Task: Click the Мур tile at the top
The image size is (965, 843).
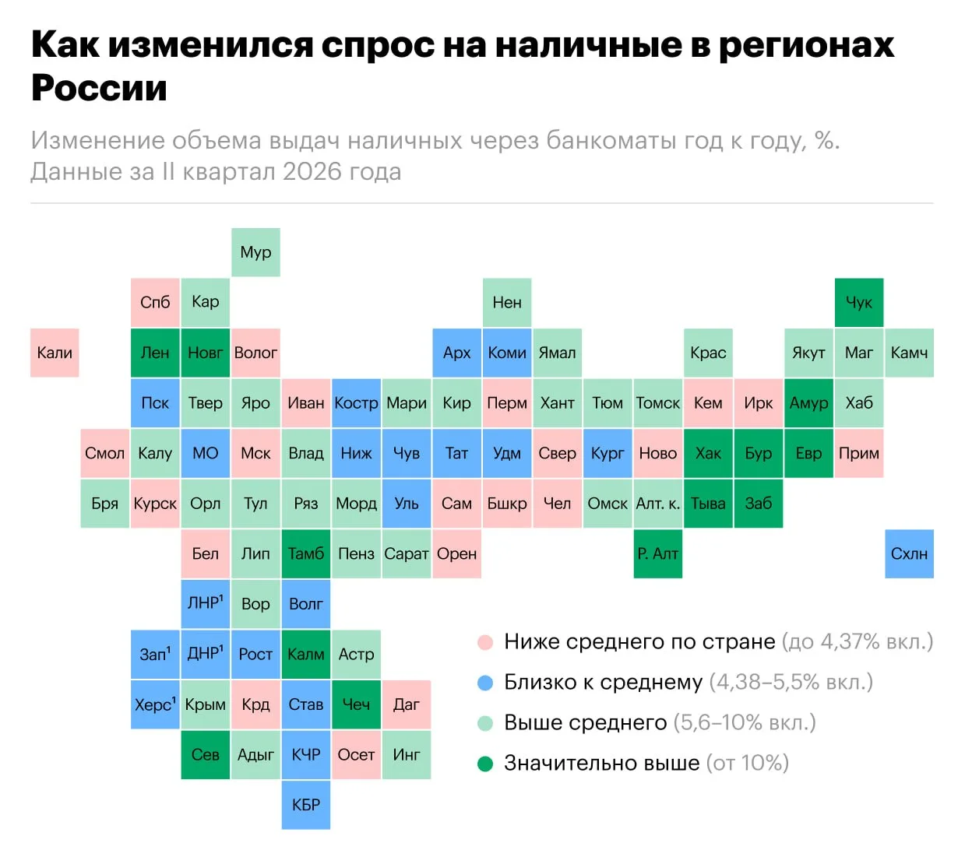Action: [x=255, y=252]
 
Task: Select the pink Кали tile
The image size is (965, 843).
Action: [x=55, y=353]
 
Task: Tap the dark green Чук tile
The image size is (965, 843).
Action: [x=859, y=303]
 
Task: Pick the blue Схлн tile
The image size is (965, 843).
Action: [x=909, y=553]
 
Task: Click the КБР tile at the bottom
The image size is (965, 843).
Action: [x=306, y=805]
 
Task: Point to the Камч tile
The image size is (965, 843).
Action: [x=909, y=353]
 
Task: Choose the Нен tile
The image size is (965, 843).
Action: [x=507, y=303]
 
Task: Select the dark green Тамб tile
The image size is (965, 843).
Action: [x=306, y=553]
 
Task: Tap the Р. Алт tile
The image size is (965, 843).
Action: [x=658, y=553]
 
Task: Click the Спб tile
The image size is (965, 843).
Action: [x=155, y=303]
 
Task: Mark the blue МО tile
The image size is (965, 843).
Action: [x=206, y=453]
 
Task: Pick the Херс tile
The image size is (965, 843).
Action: [x=155, y=704]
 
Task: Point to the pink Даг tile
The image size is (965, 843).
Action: [x=407, y=704]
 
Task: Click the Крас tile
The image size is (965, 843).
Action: [x=708, y=353]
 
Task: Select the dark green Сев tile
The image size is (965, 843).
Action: [x=206, y=754]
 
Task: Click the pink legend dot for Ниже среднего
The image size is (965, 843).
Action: [x=485, y=642]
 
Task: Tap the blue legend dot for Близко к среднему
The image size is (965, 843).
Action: [x=485, y=683]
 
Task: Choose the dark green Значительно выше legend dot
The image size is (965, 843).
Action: [x=485, y=764]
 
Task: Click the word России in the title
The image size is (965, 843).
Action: [x=100, y=88]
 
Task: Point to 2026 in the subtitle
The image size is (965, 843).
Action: [x=312, y=171]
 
